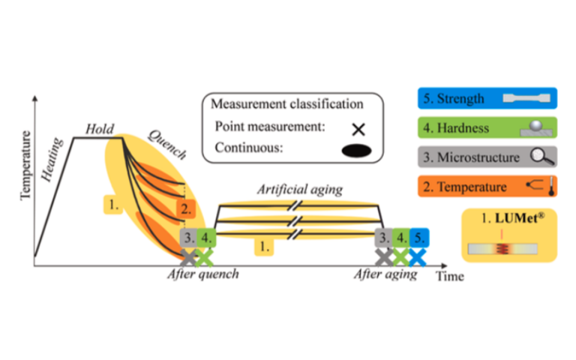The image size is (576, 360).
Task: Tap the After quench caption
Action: click(x=203, y=274)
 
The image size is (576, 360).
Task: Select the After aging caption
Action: click(x=385, y=274)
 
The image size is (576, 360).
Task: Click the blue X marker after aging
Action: click(x=418, y=258)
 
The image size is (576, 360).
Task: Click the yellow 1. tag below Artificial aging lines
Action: click(x=263, y=245)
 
